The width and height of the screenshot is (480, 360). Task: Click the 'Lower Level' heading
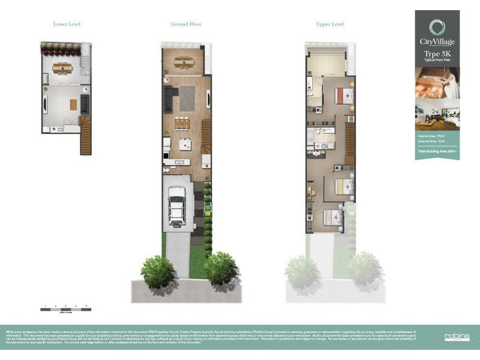click(67, 24)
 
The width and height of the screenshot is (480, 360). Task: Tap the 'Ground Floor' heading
click(186, 24)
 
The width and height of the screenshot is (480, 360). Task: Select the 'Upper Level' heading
click(329, 24)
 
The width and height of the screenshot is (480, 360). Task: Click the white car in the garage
click(176, 205)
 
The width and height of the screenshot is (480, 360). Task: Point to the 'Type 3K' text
click(437, 54)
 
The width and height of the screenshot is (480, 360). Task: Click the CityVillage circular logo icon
click(437, 27)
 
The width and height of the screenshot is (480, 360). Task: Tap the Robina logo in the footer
click(457, 337)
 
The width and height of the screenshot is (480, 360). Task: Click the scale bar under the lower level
click(66, 310)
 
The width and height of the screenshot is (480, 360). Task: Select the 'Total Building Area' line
click(437, 151)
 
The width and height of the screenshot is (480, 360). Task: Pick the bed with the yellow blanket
click(344, 186)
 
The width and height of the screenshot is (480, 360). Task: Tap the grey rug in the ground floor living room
click(187, 98)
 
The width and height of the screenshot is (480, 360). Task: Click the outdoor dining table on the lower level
click(62, 67)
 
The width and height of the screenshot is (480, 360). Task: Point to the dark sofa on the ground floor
click(169, 100)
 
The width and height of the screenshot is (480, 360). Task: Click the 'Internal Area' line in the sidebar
click(437, 137)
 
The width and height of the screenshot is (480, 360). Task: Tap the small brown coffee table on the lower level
click(73, 104)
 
